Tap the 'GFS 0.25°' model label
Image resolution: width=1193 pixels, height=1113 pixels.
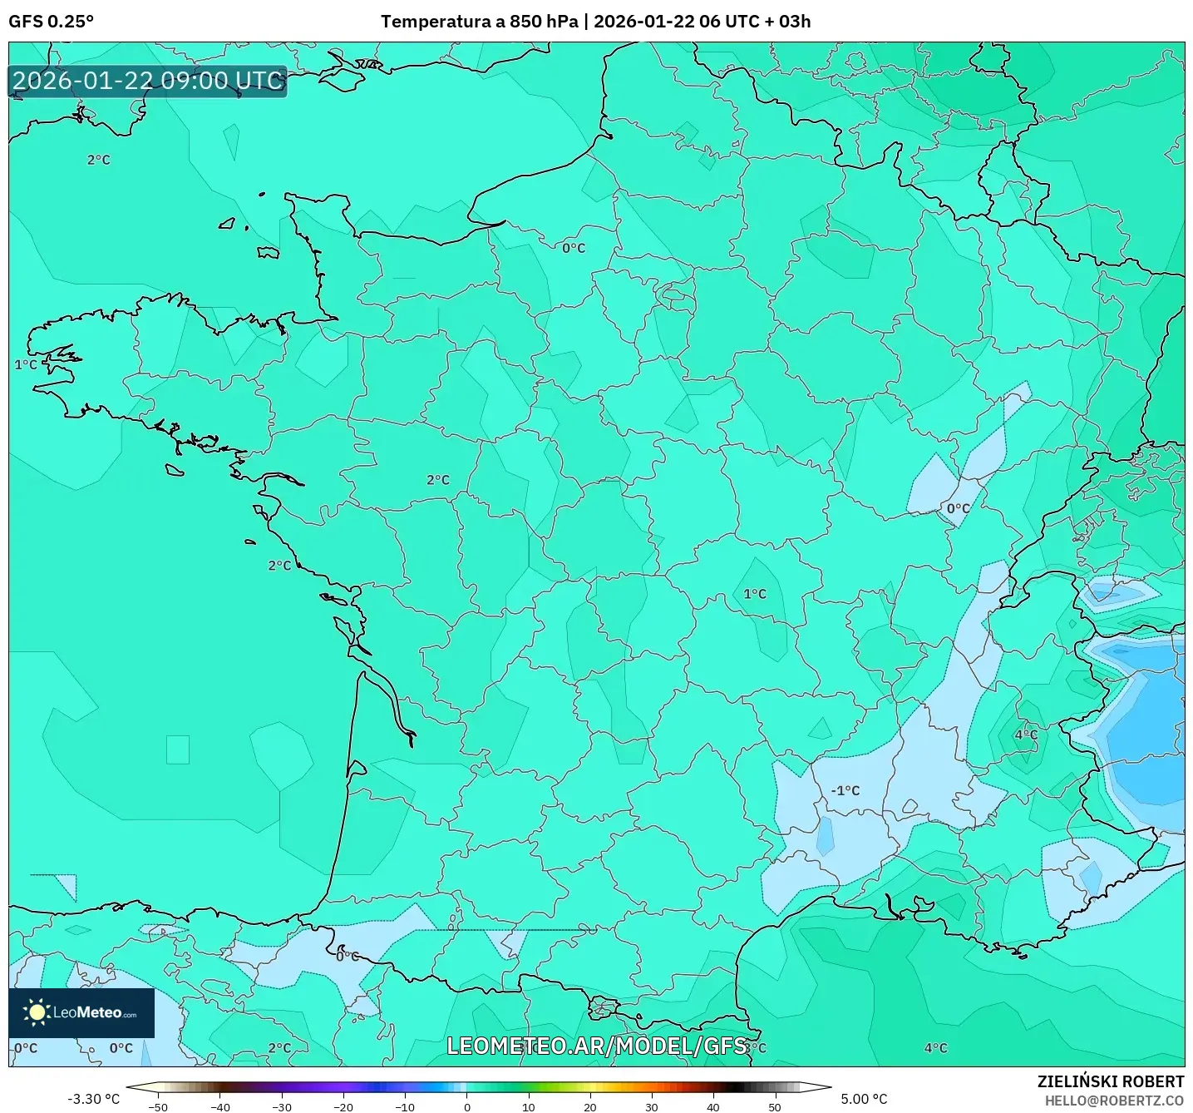(52, 22)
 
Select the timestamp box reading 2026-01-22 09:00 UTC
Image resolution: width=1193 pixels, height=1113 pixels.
(148, 81)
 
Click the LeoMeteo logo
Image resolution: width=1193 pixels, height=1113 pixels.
(81, 1012)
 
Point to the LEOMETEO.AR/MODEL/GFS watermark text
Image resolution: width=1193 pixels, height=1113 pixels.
(596, 1046)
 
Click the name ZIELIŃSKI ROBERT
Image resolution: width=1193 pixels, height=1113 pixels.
(1110, 1081)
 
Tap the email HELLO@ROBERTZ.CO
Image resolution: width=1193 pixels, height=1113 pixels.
(1114, 1101)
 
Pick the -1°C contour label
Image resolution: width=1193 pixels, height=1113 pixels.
(845, 790)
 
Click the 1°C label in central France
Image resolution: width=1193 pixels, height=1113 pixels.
(755, 594)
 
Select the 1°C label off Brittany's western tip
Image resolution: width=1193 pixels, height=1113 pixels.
(26, 364)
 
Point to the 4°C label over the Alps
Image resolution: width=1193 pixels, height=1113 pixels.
(1026, 735)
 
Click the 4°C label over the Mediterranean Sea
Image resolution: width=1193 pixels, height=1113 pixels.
(935, 1048)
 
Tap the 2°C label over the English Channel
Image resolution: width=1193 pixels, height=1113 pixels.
(98, 160)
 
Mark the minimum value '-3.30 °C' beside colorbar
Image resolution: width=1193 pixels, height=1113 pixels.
(93, 1099)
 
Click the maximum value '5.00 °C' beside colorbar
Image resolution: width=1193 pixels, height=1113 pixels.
(864, 1099)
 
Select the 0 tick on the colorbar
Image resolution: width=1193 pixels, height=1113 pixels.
(466, 1107)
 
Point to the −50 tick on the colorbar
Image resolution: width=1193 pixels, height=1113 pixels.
(157, 1107)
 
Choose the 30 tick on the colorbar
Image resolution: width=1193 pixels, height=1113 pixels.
(651, 1107)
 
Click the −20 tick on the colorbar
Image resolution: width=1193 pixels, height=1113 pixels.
(343, 1107)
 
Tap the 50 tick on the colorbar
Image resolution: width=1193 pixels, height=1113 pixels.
(774, 1107)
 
